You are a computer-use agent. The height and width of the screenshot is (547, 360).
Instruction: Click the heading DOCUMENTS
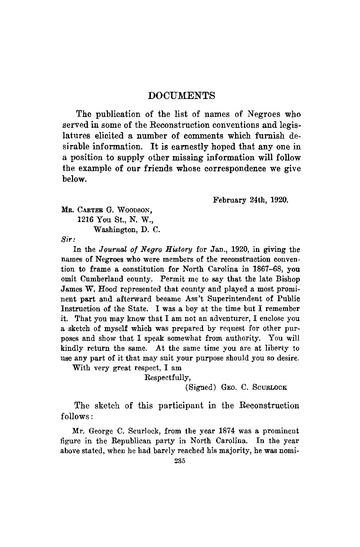(182, 96)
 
